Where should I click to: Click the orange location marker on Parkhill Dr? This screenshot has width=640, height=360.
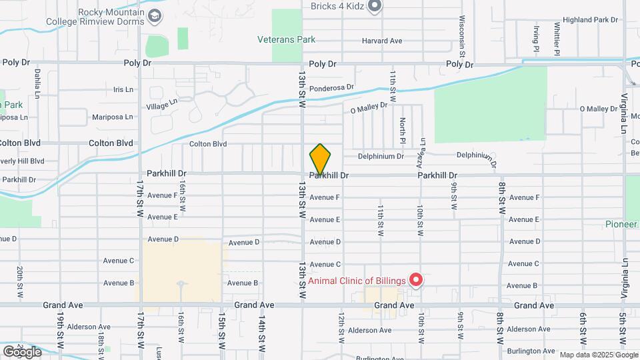point(320,159)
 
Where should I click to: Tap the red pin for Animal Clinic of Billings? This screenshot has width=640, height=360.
point(416,279)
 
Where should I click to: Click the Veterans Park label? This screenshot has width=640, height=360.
point(287,39)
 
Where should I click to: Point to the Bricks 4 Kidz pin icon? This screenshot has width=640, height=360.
point(375,7)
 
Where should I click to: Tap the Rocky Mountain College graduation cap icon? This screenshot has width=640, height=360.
point(155,15)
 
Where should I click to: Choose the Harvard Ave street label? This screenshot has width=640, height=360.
point(382,41)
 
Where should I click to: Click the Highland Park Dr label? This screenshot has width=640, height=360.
point(591,20)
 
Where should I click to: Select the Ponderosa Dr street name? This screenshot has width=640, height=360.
point(331,87)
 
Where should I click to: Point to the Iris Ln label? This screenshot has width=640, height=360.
point(123,89)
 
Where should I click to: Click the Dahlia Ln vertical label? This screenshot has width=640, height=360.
point(37,83)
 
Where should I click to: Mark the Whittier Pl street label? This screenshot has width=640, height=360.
point(556,38)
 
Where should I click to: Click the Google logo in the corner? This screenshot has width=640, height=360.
point(22,351)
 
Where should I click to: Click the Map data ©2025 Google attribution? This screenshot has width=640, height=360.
point(597,355)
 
